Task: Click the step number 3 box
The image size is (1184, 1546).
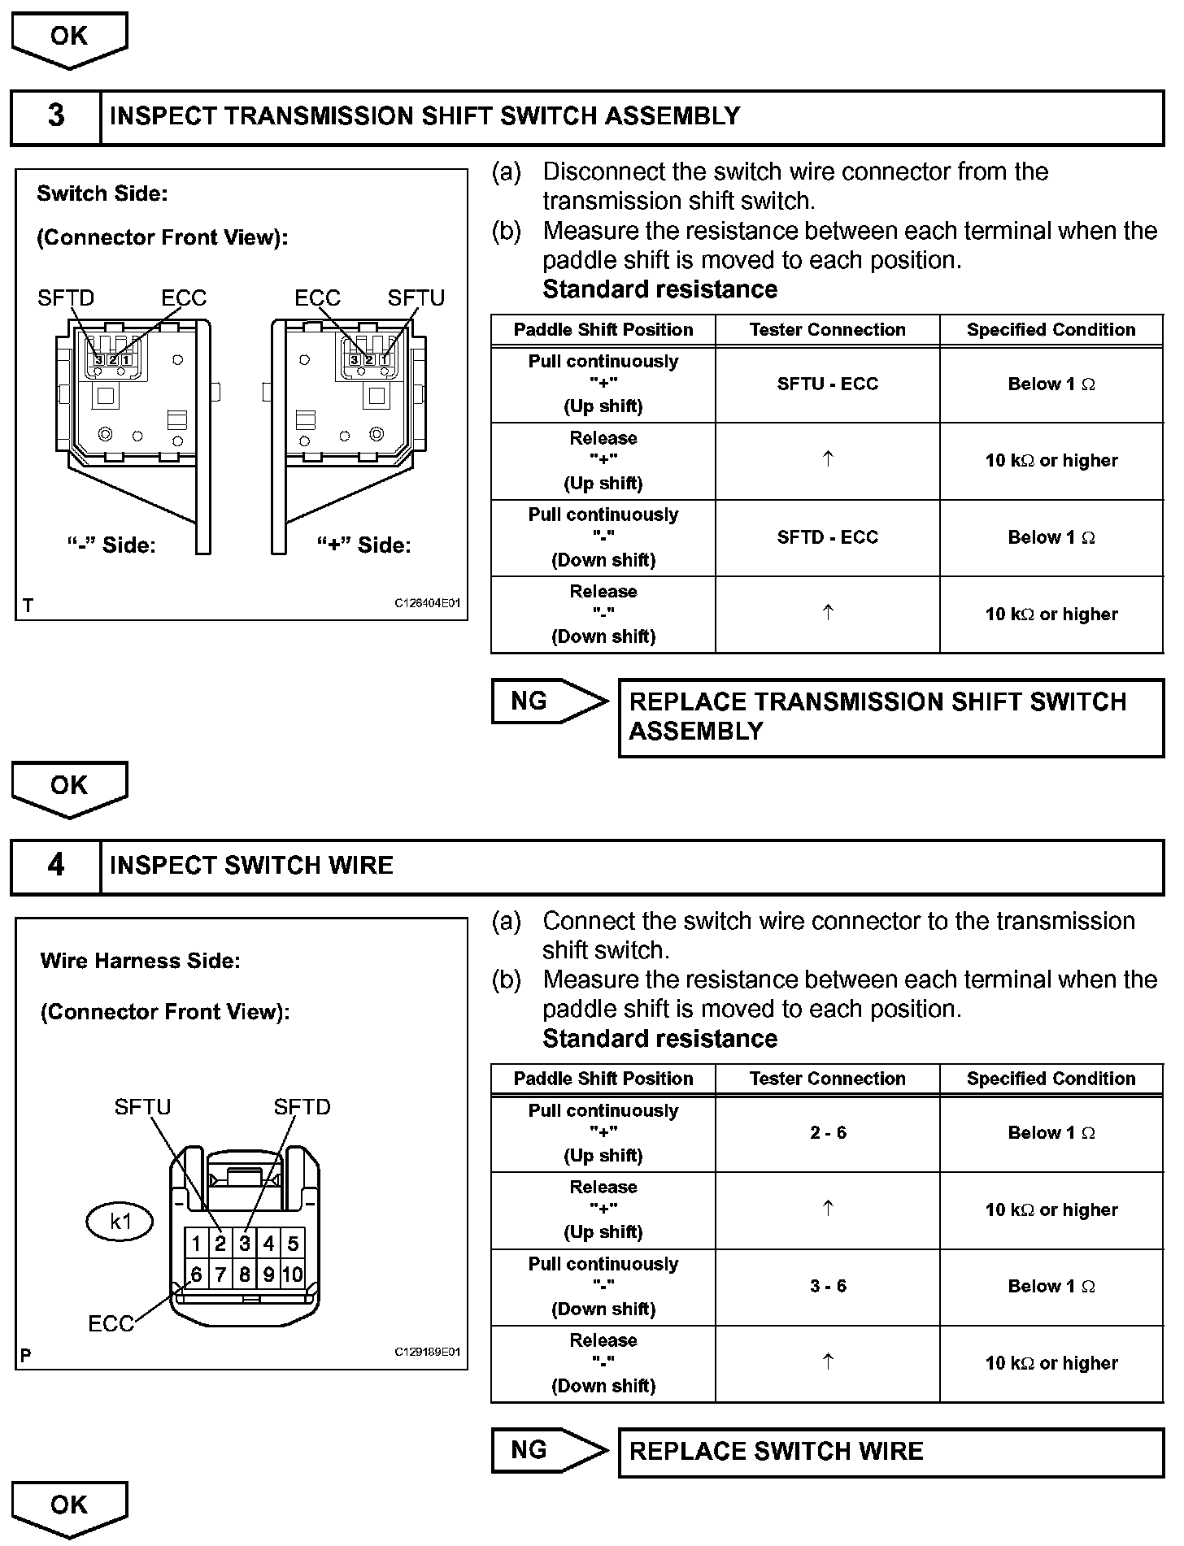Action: tap(56, 116)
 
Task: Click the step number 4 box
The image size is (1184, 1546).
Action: tap(56, 865)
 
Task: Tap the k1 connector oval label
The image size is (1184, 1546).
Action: tap(120, 1222)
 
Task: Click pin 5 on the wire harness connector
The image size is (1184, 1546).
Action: tap(293, 1243)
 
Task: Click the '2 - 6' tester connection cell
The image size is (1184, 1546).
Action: tap(828, 1133)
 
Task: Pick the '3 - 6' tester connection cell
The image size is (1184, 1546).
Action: tap(828, 1286)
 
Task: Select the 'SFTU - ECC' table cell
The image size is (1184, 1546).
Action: tap(828, 384)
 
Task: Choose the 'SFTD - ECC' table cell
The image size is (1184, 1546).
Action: tap(828, 537)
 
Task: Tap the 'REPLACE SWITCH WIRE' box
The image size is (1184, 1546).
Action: tap(890, 1452)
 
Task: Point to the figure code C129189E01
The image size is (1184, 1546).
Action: tap(428, 1352)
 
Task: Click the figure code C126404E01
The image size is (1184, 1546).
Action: tap(428, 603)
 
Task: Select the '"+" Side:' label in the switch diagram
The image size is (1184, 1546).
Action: tap(364, 545)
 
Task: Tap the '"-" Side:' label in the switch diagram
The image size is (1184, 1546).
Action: tap(111, 545)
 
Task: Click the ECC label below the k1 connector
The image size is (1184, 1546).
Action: tap(111, 1324)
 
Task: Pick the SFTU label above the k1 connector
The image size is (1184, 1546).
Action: tap(142, 1107)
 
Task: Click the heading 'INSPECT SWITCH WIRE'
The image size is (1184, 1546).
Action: tap(251, 865)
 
